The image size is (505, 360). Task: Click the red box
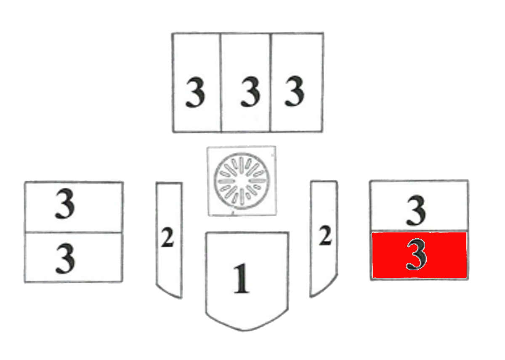pyautogui.click(x=419, y=255)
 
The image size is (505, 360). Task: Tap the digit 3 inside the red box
pyautogui.click(x=416, y=255)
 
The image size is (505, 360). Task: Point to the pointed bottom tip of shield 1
pyautogui.click(x=245, y=330)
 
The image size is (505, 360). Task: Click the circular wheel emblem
pyautogui.click(x=241, y=181)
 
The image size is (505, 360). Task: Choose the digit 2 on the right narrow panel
pyautogui.click(x=325, y=237)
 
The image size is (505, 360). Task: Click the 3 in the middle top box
pyautogui.click(x=250, y=92)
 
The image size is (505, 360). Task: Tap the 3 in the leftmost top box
pyautogui.click(x=195, y=92)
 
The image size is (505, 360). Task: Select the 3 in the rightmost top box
pyautogui.click(x=294, y=92)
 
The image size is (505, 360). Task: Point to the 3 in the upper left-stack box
pyautogui.click(x=65, y=205)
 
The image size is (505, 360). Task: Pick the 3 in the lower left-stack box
pyautogui.click(x=65, y=258)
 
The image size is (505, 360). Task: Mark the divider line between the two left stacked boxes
pyautogui.click(x=74, y=232)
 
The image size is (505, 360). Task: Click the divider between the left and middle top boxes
pyautogui.click(x=221, y=83)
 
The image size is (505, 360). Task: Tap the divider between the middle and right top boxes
pyautogui.click(x=270, y=83)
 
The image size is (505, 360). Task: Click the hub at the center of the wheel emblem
pyautogui.click(x=241, y=181)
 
